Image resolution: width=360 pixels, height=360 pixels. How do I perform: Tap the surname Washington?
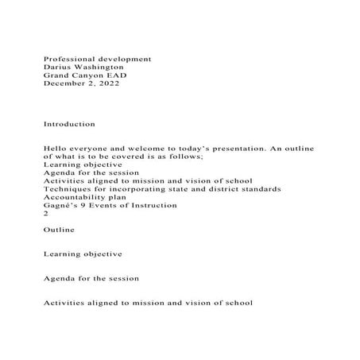pos(99,68)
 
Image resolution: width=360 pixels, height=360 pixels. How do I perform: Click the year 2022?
pos(109,83)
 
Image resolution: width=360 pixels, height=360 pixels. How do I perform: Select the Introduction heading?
pos(69,125)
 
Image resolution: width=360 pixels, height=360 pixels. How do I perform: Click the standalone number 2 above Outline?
pos(45,213)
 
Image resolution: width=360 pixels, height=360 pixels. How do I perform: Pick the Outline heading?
pos(60,230)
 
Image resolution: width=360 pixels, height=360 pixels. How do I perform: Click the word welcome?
pos(149,149)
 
